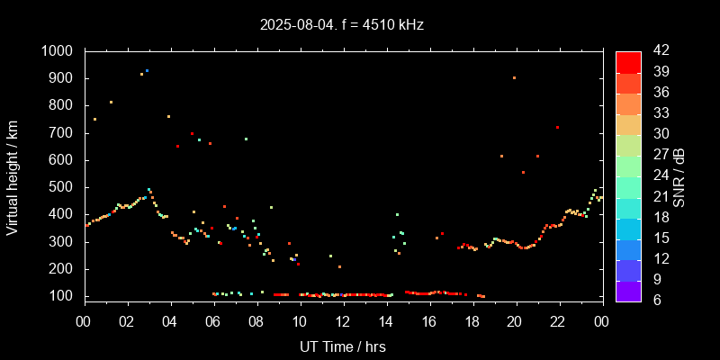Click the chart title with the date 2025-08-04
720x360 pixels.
[x=342, y=25]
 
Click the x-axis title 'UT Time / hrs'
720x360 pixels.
[x=342, y=346]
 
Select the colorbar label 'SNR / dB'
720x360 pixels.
[x=679, y=175]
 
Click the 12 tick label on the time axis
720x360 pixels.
[x=343, y=320]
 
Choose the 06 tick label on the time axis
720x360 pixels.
[x=213, y=320]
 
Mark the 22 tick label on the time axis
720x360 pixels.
[x=559, y=320]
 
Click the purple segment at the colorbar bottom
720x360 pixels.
[x=628, y=291]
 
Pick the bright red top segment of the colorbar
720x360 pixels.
[x=628, y=61]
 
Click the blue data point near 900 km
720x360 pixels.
[x=147, y=70]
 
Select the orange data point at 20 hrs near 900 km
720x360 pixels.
[x=514, y=78]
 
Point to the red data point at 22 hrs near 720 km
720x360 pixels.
[x=558, y=128]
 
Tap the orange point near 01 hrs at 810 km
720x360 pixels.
[x=111, y=103]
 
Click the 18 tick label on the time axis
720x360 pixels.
[x=472, y=320]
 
